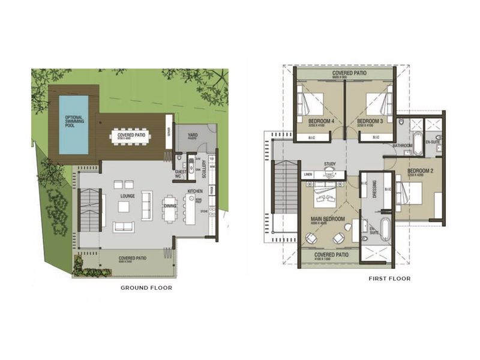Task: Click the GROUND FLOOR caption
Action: [146, 287]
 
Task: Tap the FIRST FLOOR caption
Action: [390, 278]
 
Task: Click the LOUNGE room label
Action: [127, 195]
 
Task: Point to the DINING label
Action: [170, 206]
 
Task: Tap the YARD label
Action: [193, 135]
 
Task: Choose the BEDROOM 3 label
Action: [370, 121]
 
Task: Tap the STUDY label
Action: [329, 163]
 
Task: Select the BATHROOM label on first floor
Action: [402, 145]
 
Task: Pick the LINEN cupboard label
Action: [308, 175]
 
